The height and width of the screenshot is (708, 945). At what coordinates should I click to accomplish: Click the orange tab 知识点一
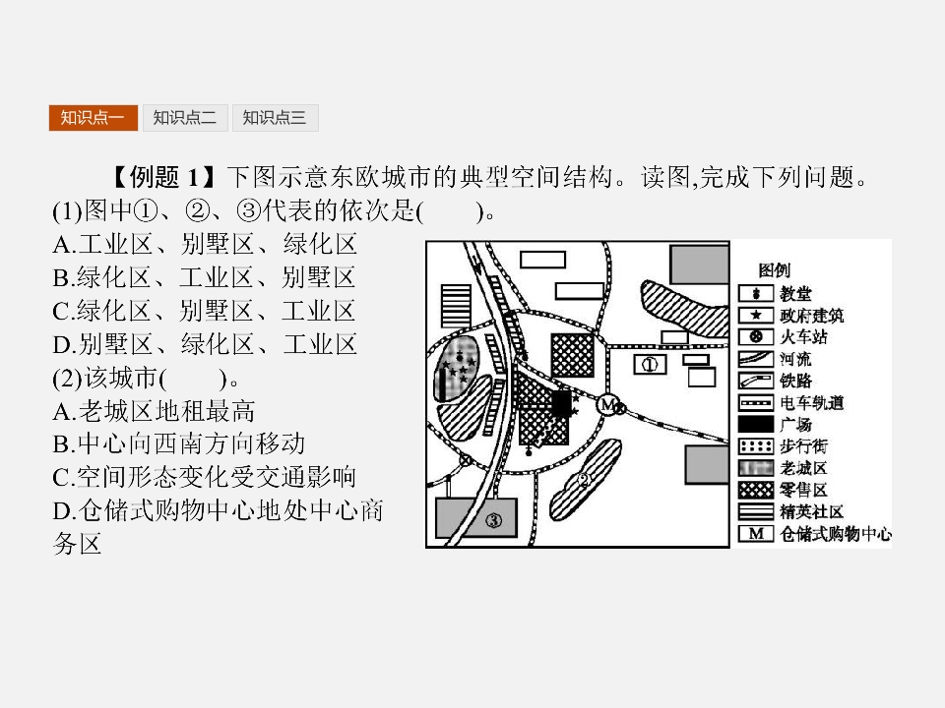(93, 117)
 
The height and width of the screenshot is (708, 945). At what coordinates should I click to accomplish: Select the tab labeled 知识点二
(184, 117)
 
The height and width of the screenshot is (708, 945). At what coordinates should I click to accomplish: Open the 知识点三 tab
(275, 117)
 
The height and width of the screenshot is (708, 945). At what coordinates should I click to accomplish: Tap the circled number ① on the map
(650, 364)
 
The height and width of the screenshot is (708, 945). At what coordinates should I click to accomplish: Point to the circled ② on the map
(584, 481)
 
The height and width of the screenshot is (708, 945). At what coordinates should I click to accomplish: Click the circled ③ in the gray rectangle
(493, 520)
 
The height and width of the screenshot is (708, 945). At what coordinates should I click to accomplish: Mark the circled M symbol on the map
(608, 404)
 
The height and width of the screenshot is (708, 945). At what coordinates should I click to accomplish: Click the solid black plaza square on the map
(561, 403)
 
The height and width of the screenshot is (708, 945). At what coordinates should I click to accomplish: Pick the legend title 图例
(774, 270)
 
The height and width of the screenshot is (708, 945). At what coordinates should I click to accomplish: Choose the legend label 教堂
(795, 293)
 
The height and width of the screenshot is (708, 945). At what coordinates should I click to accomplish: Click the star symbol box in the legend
(756, 315)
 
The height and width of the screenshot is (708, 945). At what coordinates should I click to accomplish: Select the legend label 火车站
(804, 336)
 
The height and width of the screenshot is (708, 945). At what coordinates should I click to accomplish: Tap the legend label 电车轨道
(812, 403)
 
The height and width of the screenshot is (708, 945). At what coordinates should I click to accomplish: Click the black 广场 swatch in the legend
(756, 425)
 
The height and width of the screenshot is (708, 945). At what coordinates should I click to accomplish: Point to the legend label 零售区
(804, 490)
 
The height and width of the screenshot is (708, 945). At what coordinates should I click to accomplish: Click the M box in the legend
(756, 533)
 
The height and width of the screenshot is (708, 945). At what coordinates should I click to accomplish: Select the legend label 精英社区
(812, 511)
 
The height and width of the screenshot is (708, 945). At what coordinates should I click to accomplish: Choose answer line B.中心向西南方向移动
(178, 444)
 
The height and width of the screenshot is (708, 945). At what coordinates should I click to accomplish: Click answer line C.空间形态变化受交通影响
(205, 478)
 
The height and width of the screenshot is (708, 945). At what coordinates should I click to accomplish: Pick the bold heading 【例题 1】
(164, 177)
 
